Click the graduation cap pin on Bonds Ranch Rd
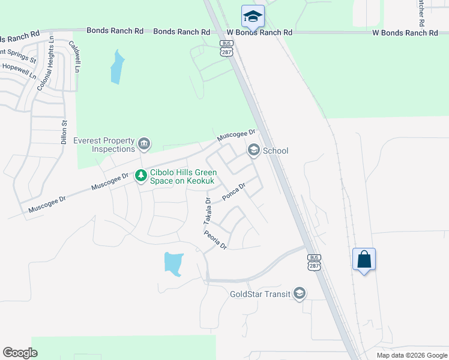coord(253,16)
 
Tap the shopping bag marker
coord(364,259)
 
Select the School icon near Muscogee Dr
coord(253,150)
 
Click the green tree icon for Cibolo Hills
coord(141,176)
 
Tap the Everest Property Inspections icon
coord(144,144)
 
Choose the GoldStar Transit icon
coord(300,293)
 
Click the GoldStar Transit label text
coord(260,294)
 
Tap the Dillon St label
coord(64,131)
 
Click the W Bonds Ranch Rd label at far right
coord(405,33)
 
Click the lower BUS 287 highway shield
coord(314,262)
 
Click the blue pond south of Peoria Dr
coord(173,263)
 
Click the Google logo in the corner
coord(20,353)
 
